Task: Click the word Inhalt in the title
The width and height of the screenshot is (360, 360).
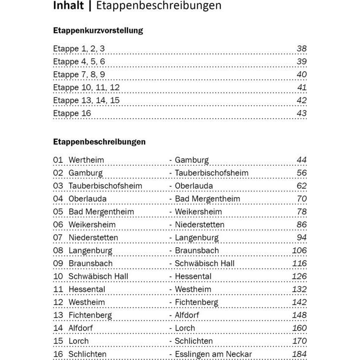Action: click(70, 6)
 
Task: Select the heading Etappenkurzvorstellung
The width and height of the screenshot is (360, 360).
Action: click(98, 30)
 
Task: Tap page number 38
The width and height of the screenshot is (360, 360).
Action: click(301, 49)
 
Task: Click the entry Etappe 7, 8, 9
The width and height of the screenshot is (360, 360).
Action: click(79, 75)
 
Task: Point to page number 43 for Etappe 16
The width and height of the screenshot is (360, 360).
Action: click(301, 114)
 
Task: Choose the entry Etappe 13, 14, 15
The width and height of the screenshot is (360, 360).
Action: click(86, 100)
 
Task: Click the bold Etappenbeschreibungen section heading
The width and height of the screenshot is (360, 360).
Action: click(99, 142)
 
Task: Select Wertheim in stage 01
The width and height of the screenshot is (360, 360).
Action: click(86, 160)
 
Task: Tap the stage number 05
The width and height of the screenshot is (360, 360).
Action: click(58, 212)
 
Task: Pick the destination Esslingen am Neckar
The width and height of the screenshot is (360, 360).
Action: click(213, 354)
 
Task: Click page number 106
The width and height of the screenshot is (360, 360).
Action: click(299, 250)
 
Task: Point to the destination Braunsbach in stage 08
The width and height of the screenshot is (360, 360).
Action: click(197, 250)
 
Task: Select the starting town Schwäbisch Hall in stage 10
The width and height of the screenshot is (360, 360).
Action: click(98, 276)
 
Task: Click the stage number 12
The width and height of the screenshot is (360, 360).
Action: click(58, 302)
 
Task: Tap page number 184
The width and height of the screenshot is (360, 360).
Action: click(299, 354)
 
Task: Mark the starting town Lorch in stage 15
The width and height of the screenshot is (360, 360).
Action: click(79, 341)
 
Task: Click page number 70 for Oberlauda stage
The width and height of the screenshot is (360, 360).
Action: click(301, 199)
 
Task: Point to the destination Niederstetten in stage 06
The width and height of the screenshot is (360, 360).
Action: click(199, 225)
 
